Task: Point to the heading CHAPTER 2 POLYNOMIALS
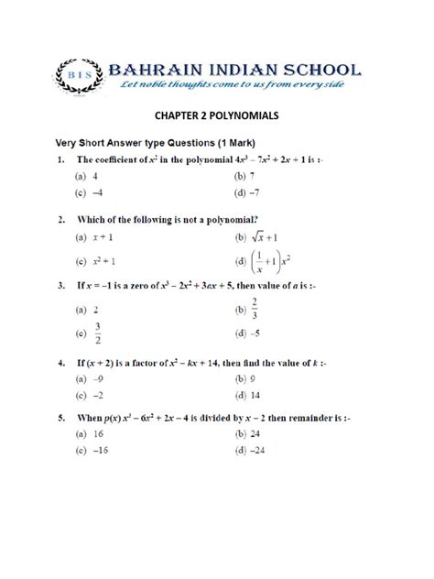tap(216, 116)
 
